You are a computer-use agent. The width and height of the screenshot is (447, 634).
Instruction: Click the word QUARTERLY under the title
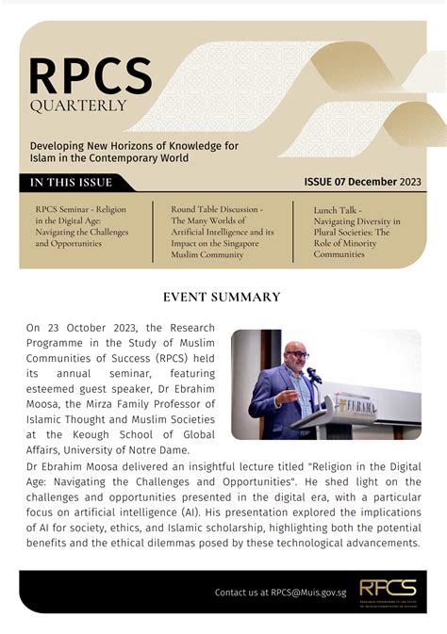point(77,106)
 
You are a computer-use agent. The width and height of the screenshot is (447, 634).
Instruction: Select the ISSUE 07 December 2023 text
point(362,182)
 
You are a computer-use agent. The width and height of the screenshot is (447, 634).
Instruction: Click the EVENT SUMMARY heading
point(222,297)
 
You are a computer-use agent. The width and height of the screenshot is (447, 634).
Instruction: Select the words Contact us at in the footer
point(240,592)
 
